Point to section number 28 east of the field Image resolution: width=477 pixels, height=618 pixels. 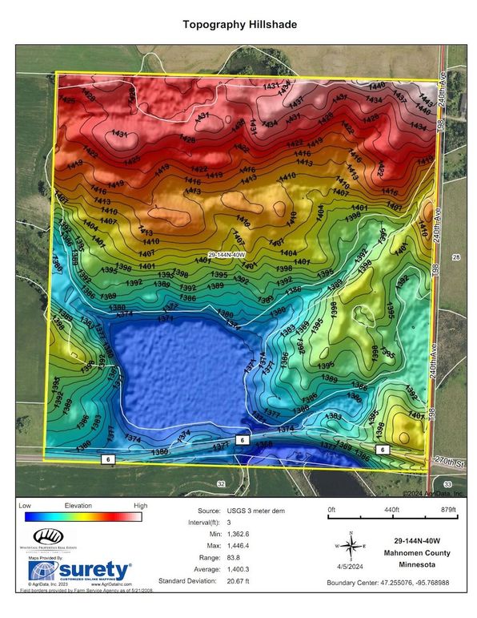456,257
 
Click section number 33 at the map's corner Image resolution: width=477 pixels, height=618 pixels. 447,485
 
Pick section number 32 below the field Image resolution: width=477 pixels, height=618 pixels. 221,484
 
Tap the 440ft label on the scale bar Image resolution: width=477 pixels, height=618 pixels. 390,509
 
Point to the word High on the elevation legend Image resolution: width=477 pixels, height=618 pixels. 140,506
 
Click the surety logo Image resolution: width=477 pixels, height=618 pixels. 79,571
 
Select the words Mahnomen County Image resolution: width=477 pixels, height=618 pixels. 421,552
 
